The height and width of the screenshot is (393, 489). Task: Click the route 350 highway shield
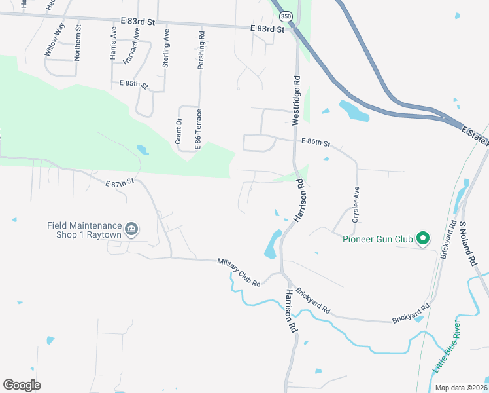pyautogui.click(x=286, y=16)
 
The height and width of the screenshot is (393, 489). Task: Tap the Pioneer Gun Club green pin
pyautogui.click(x=423, y=238)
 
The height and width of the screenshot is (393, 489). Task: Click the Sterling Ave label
pyautogui.click(x=166, y=46)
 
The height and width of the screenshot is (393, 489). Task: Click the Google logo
pyautogui.click(x=22, y=385)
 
